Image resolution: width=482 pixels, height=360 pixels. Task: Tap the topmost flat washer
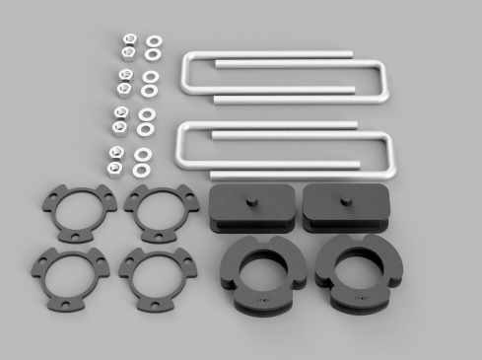[x=154, y=41]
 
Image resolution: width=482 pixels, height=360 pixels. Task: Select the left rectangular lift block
[x=250, y=209]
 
